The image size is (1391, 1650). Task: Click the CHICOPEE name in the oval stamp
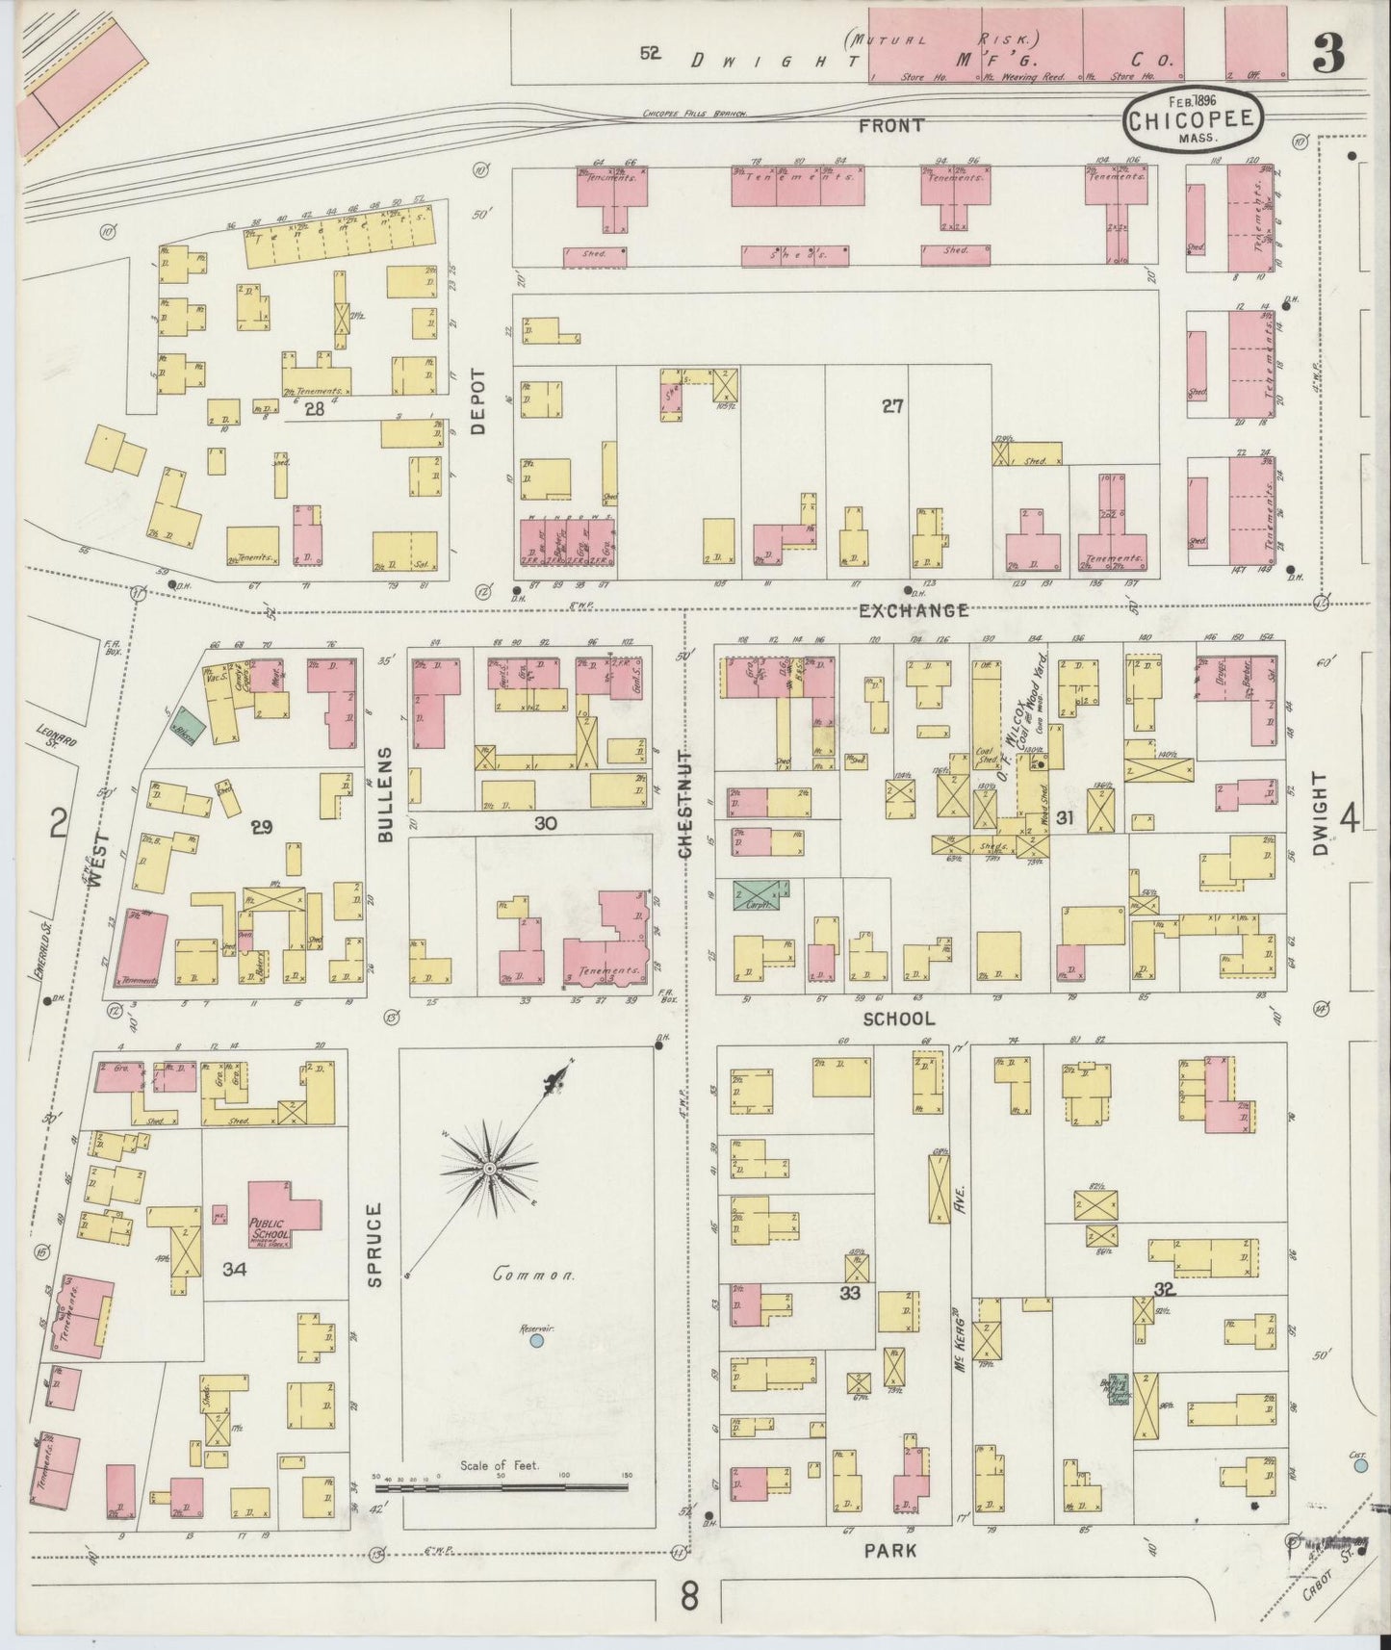coord(1192,119)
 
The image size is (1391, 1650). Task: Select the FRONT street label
coord(891,125)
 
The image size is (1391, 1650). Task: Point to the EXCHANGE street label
coord(913,610)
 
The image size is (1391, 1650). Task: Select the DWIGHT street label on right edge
coord(1320,813)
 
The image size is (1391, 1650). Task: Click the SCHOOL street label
coord(898,1018)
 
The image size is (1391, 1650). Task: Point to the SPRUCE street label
coord(375,1244)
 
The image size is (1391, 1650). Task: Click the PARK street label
coord(889,1551)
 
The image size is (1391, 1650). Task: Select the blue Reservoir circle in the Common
coord(537,1339)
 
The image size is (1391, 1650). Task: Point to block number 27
coord(891,406)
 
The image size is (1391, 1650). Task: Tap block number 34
coord(234,1269)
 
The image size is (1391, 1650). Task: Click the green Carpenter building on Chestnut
coord(757,893)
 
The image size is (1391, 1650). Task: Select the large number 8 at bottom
coord(688,1597)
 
